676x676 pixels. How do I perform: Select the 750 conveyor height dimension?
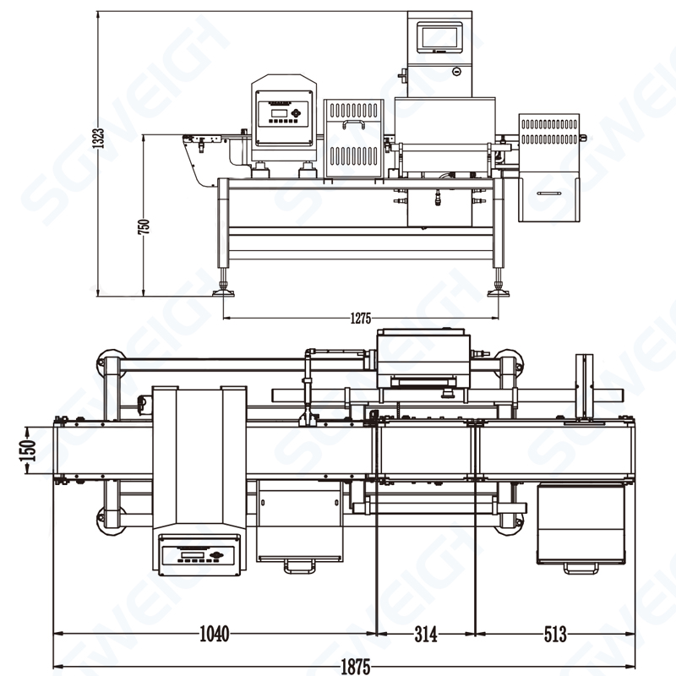(144, 226)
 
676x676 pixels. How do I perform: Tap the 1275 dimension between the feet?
(361, 319)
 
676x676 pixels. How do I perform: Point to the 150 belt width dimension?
(28, 450)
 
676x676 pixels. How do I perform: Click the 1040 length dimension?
(214, 634)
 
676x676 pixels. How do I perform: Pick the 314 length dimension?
(425, 634)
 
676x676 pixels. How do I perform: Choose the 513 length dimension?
(554, 634)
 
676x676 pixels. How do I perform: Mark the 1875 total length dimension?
(356, 667)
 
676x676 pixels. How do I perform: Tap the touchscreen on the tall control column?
(439, 36)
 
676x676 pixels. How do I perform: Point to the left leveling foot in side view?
(226, 291)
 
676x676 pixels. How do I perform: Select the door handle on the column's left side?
(403, 77)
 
